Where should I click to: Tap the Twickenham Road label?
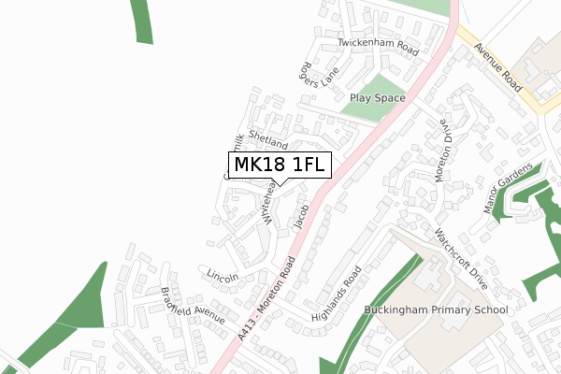tap(376, 45)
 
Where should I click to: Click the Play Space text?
tap(378, 97)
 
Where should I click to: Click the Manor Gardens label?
tap(509, 188)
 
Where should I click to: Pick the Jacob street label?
tap(301, 217)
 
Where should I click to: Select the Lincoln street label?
tap(223, 277)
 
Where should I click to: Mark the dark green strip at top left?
tap(142, 21)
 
